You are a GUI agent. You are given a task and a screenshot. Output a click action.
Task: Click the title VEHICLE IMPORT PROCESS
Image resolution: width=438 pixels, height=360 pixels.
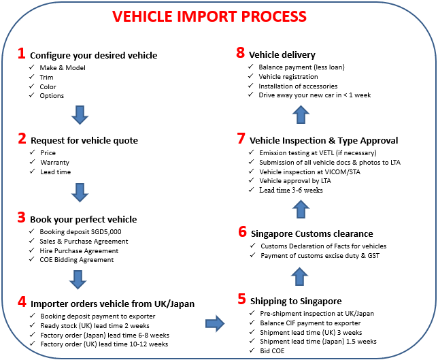click(x=218, y=16)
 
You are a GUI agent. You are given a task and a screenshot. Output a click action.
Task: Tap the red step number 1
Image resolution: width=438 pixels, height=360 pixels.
click(x=22, y=54)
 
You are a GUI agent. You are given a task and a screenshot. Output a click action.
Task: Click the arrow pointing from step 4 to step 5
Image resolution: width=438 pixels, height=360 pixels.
click(x=215, y=323)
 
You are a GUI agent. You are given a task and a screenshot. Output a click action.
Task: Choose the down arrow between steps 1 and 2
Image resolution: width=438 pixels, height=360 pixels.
click(x=80, y=115)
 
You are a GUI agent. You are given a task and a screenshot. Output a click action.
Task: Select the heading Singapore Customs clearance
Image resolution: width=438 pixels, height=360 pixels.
click(x=311, y=233)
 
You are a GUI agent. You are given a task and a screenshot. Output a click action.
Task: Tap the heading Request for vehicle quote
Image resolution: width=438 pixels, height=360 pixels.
click(x=84, y=140)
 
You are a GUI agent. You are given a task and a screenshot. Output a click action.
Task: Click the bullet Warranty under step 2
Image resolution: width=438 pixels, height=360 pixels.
click(x=54, y=163)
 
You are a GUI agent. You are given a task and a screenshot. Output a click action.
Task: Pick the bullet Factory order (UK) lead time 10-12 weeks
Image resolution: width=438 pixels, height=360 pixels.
click(x=103, y=344)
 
